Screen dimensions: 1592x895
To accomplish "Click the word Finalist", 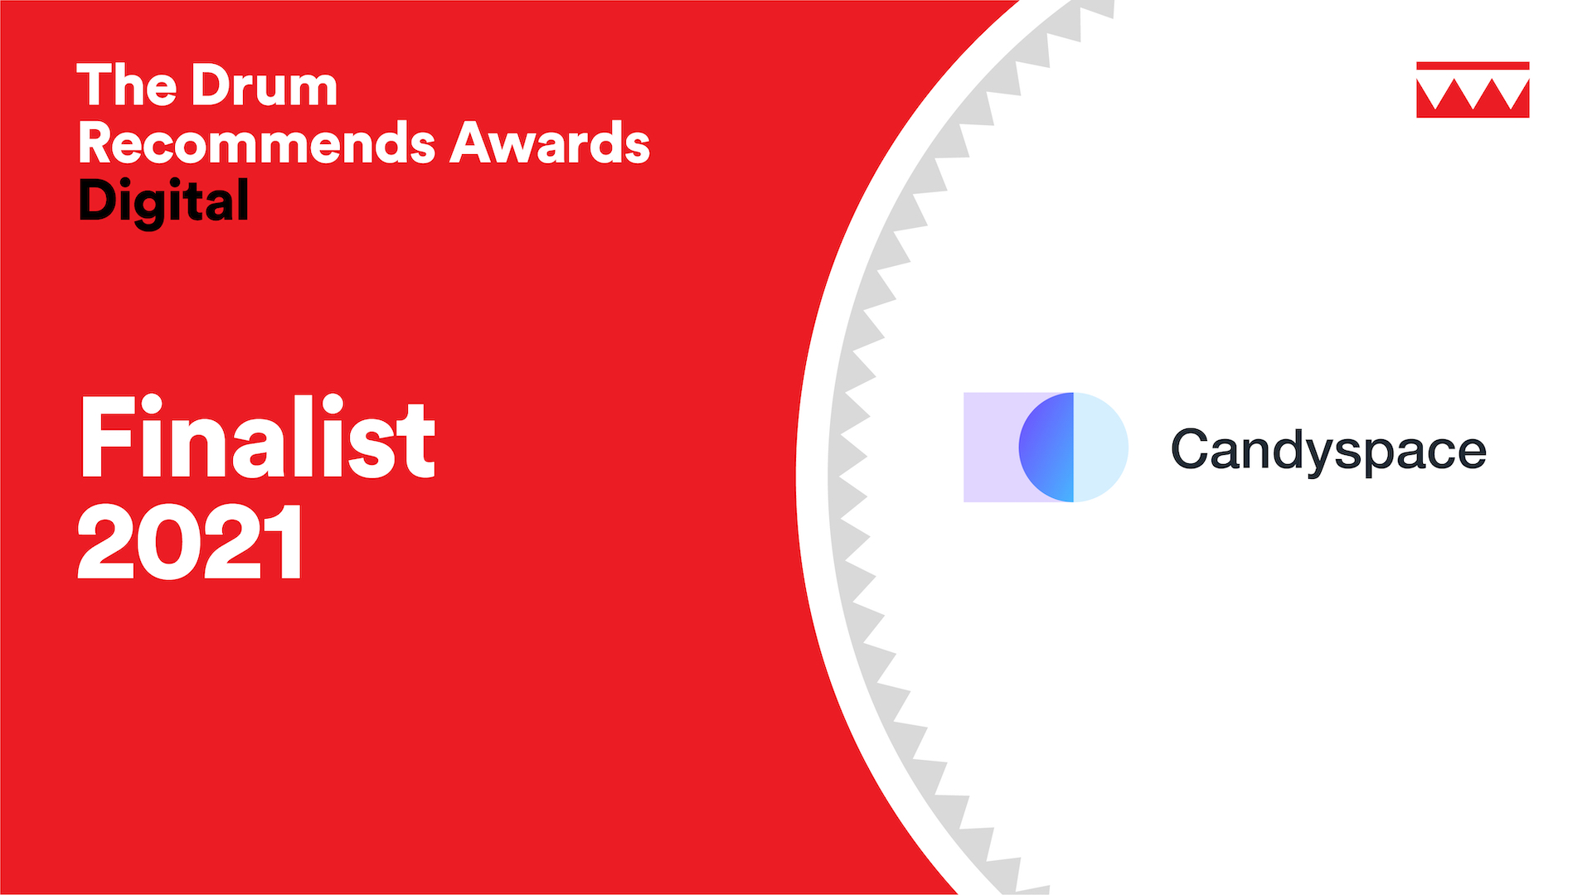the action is coord(257,437).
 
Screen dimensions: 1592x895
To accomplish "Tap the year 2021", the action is coord(191,542).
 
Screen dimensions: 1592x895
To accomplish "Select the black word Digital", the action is coord(163,201).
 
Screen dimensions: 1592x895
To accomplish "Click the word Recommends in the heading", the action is coord(257,143).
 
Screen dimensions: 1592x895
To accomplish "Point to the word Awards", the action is coord(550,143).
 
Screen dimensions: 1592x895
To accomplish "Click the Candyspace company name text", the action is coord(1328,452).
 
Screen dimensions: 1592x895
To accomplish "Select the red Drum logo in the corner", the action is coord(1473,89).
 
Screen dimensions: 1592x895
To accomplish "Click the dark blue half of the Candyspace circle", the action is coord(1046,447).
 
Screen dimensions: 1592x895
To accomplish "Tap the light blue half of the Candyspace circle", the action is coord(1101,447).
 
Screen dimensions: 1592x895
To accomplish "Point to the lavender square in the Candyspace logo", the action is coord(991,447).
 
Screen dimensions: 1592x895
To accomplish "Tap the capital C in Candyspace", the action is coord(1192,449).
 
